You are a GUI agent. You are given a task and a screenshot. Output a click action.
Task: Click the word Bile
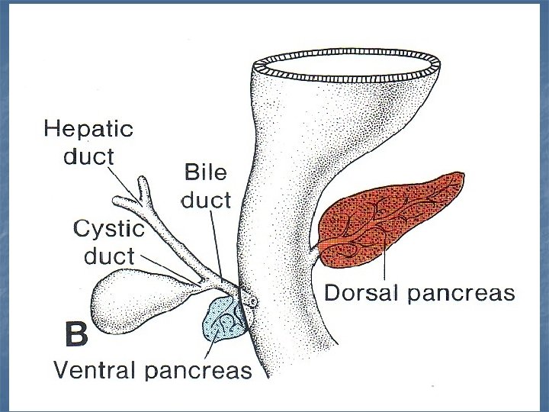205,172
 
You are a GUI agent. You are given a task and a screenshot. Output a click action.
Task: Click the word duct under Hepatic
90,158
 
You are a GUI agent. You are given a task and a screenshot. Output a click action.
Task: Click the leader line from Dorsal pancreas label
387,263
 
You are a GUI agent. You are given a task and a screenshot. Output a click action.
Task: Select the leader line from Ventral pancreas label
211,347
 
